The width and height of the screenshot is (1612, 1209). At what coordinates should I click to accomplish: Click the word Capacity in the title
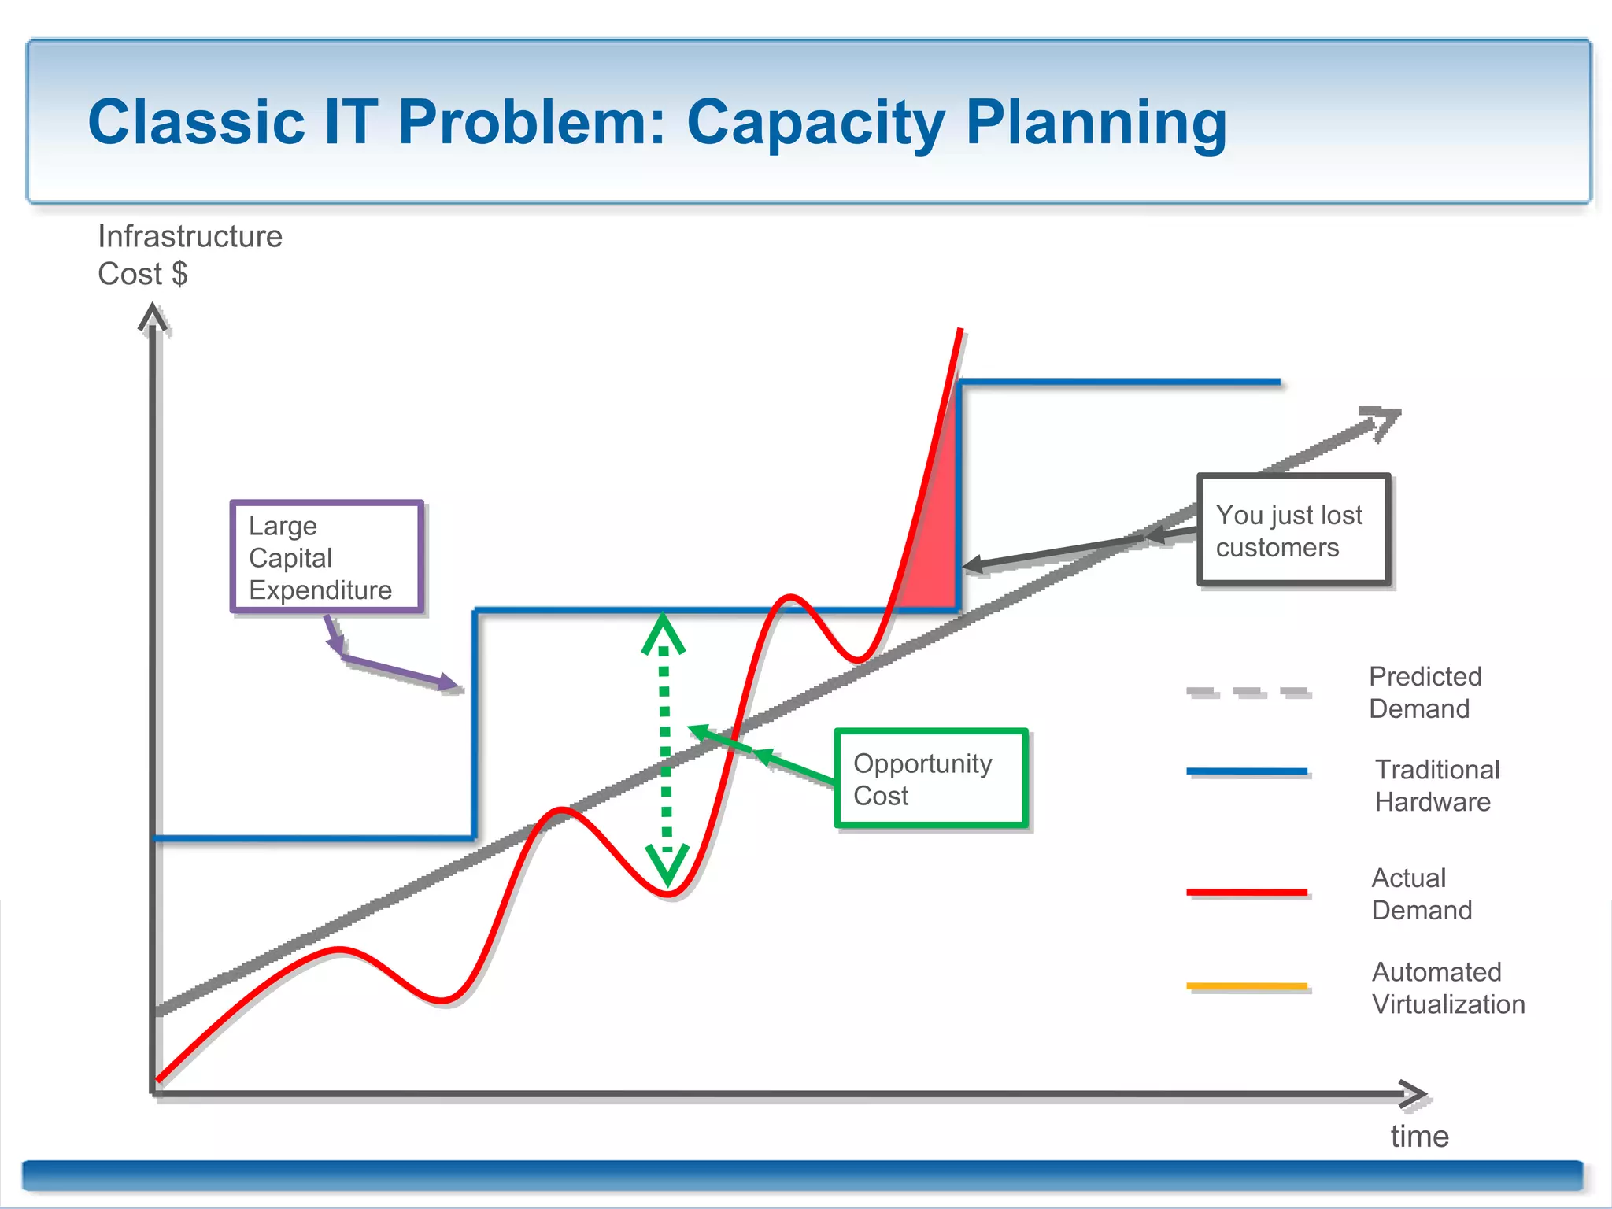point(815,124)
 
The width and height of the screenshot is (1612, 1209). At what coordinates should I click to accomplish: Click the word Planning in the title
point(1096,124)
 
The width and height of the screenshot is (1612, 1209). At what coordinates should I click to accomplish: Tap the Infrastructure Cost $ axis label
point(189,254)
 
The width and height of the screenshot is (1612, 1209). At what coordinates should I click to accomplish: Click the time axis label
point(1419,1137)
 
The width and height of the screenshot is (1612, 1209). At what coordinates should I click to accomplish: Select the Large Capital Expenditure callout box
point(327,557)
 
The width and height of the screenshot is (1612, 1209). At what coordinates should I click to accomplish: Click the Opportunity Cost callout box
point(931,778)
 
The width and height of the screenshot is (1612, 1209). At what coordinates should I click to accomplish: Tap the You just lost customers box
point(1293,530)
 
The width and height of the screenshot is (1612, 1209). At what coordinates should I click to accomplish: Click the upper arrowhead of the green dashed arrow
point(664,632)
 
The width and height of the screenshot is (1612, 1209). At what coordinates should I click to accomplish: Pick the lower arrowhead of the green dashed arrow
point(667,864)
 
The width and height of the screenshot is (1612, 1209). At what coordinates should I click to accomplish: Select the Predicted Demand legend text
point(1424,692)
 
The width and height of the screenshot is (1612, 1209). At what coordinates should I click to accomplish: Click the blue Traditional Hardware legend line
point(1247,771)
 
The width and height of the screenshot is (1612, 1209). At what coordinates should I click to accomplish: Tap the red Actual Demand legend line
point(1247,892)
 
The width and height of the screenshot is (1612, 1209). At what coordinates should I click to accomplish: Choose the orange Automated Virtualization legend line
point(1247,985)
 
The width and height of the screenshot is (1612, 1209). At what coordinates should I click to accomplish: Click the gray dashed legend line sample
point(1248,692)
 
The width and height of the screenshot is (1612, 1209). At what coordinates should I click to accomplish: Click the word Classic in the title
point(197,123)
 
